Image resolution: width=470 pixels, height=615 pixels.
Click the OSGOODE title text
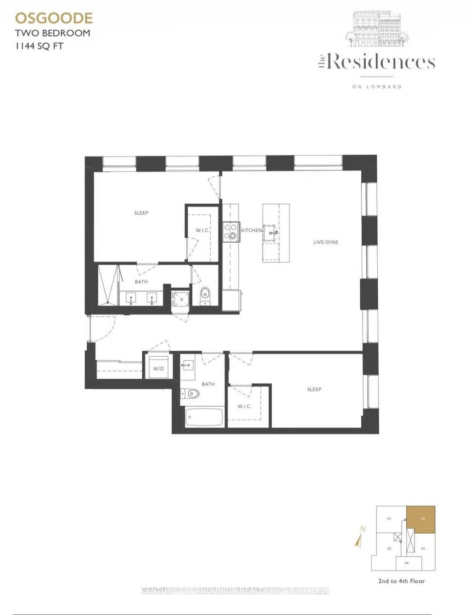(54, 18)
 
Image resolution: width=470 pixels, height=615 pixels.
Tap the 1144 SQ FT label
(39, 46)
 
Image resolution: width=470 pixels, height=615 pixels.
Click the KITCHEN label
(252, 230)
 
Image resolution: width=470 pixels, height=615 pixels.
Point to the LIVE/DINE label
(325, 242)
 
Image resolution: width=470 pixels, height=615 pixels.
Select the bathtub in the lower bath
(204, 417)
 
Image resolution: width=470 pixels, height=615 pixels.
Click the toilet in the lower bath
(190, 393)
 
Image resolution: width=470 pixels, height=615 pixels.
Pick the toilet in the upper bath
(205, 294)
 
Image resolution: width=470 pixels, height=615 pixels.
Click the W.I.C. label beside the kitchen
(202, 230)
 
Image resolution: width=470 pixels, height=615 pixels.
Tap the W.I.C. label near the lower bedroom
(244, 406)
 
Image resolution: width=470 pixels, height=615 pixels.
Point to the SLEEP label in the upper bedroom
(141, 213)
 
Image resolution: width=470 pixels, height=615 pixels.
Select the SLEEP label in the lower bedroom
(314, 389)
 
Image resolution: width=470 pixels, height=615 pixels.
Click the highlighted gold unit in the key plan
(421, 520)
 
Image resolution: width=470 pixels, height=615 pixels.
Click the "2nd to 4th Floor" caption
(401, 581)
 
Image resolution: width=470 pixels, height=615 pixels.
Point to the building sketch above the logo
(378, 30)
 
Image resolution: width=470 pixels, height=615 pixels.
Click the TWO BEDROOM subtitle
(52, 33)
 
